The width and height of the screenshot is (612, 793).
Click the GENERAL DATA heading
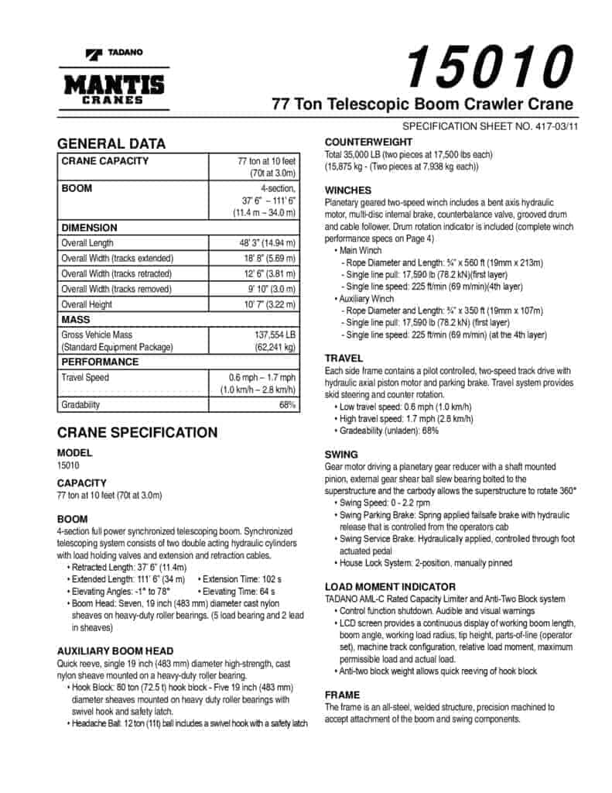tap(111, 144)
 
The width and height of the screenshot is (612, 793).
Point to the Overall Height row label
tap(87, 304)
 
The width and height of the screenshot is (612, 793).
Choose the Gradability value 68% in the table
tap(285, 404)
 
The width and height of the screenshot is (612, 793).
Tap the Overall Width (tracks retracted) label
tap(118, 273)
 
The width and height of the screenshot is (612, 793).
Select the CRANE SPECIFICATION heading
tap(137, 433)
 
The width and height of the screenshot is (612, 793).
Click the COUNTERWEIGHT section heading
tap(368, 142)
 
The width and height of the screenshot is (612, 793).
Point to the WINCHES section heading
tap(348, 191)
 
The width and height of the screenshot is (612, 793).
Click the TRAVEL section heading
tap(344, 359)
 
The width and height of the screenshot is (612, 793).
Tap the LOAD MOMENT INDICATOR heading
tap(390, 587)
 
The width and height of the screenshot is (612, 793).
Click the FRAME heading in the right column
tap(342, 695)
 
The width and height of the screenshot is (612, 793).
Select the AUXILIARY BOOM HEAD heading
tap(115, 651)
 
